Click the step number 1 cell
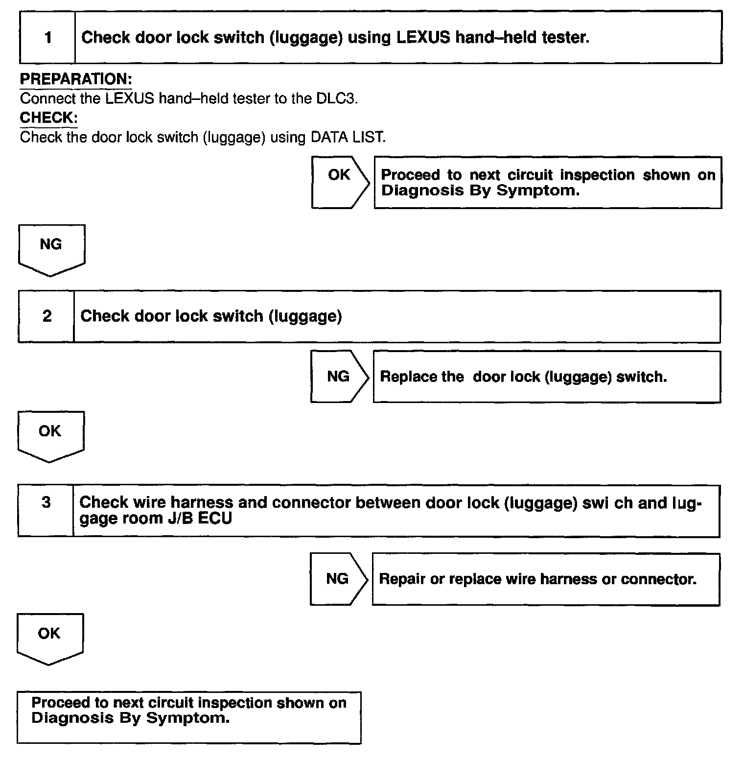tap(47, 38)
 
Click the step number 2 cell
tap(46, 316)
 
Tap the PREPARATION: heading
tap(76, 79)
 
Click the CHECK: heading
tap(49, 118)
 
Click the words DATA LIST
tap(348, 137)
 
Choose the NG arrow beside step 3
tap(338, 579)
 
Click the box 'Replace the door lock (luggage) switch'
tap(546, 377)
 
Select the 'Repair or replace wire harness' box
tap(545, 579)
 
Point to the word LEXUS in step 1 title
tap(423, 38)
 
